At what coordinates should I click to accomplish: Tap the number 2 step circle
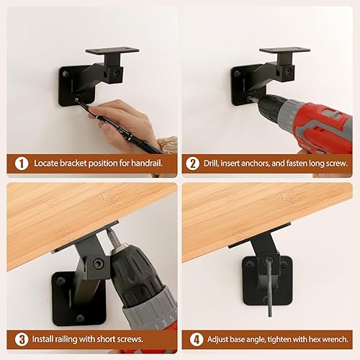[x=193, y=163]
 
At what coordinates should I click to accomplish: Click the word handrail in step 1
[x=144, y=163]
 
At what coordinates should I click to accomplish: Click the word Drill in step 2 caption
[x=214, y=163]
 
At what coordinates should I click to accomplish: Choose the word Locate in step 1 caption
[x=48, y=163]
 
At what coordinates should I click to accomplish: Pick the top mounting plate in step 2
[x=284, y=53]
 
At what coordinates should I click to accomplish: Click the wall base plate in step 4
[x=268, y=277]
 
